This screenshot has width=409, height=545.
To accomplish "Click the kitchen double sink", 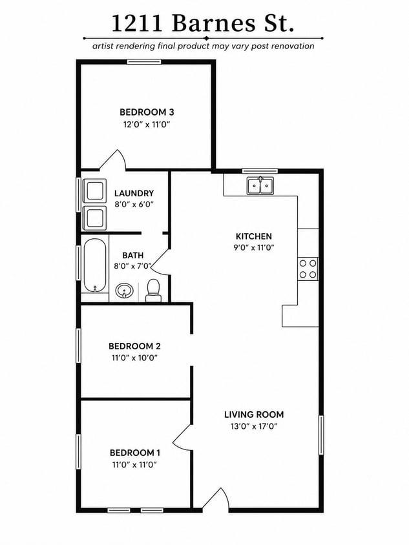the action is point(260,185).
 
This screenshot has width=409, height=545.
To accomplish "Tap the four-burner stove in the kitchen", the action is point(308,269).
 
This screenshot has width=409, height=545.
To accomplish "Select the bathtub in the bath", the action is point(94,265).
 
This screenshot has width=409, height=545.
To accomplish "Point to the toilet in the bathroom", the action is point(153,291).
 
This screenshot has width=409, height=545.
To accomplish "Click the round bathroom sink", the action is point(124,290).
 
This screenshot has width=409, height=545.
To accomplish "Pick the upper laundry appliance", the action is point(94,190).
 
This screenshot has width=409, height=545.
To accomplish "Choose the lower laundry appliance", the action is point(94,218).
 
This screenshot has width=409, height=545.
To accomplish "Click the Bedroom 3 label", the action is point(147,112).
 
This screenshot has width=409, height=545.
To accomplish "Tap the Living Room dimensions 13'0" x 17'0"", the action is point(254,426).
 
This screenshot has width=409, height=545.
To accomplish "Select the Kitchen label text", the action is point(254,236).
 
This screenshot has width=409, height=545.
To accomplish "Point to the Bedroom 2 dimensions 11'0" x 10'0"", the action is point(134,358).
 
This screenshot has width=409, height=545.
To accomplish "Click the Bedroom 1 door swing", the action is point(182,437).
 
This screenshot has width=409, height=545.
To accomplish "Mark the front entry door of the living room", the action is point(220,499).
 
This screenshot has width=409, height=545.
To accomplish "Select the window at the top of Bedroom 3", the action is point(144,62).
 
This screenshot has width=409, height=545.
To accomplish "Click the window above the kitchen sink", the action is point(260,170).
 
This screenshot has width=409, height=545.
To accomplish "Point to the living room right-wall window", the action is point(321,435).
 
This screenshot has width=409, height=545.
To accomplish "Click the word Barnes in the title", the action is point(213,23).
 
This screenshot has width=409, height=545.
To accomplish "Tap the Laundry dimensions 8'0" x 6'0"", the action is point(134,204).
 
